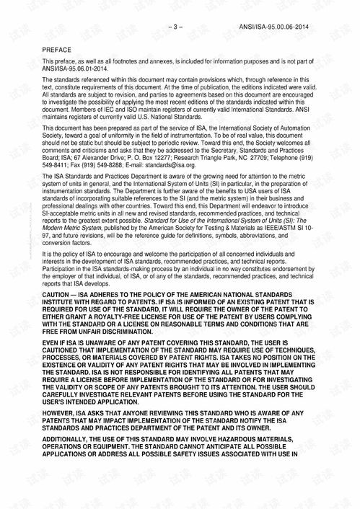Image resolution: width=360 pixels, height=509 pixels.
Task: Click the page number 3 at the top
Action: [x=176, y=27]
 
